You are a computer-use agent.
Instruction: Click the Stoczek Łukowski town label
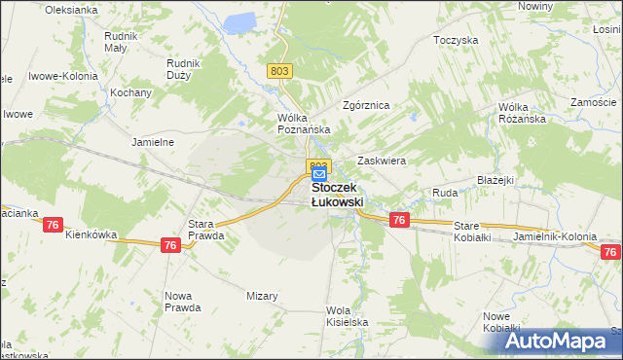point(337,194)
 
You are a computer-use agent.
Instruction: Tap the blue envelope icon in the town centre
point(319,174)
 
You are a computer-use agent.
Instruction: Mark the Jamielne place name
point(152,142)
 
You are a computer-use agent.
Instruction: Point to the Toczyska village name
point(457,41)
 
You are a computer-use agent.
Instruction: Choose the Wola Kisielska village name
point(346,316)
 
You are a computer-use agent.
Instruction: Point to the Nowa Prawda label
point(183,302)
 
